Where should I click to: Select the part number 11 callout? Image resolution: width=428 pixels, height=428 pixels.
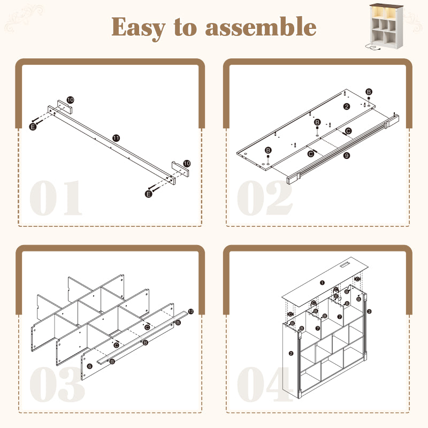[x=116, y=138]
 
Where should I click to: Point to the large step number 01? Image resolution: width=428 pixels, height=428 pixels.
[x=56, y=198]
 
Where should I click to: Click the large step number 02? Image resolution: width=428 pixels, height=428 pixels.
[x=265, y=198]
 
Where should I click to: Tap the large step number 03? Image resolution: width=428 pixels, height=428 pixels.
[x=57, y=385]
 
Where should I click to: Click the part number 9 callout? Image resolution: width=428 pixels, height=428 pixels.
[x=347, y=156]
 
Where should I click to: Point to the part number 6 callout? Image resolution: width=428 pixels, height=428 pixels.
[x=90, y=365]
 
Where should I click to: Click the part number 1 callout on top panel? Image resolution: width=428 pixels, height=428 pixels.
[x=322, y=282]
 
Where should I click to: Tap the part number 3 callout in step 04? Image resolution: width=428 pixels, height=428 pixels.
[x=369, y=310]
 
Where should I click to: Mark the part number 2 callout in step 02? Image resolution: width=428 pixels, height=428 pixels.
[x=347, y=106]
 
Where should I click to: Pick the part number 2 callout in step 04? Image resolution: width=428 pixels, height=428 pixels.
[x=291, y=353]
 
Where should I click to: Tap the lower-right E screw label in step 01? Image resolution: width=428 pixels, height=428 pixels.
[x=149, y=194]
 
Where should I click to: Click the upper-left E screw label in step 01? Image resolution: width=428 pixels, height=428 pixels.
[x=32, y=126]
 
